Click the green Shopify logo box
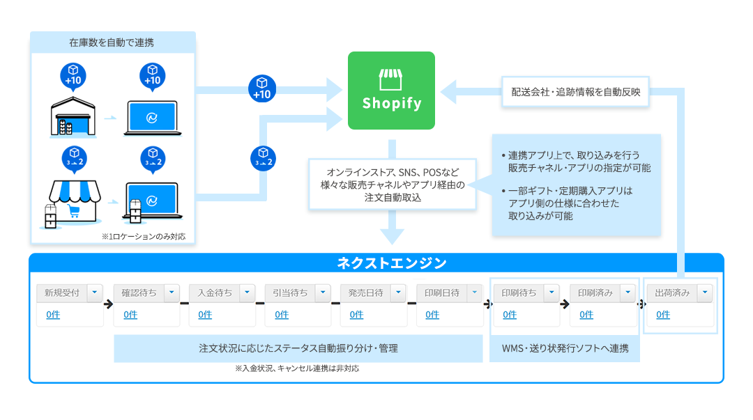(391, 91)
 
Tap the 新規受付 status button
(61, 293)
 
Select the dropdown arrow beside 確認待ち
(172, 293)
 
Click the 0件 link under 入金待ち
(205, 315)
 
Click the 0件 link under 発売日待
(356, 315)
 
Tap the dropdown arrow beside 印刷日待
(475, 293)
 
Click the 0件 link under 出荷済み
(663, 315)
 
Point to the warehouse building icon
(73, 117)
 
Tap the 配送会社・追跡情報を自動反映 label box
(575, 91)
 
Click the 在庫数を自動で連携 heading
(112, 42)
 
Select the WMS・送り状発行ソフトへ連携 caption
(565, 348)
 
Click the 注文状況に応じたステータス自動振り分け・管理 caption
(298, 348)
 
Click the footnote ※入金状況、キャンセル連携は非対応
(297, 369)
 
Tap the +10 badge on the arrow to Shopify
(262, 88)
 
